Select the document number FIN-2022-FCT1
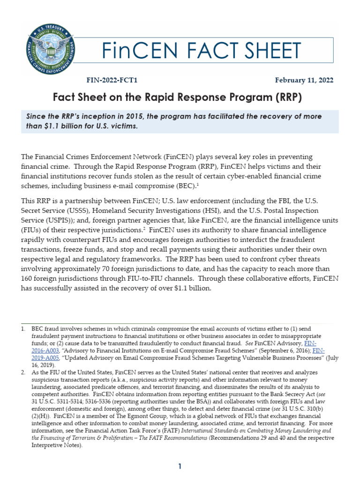click(x=111, y=80)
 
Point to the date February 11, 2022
click(x=304, y=80)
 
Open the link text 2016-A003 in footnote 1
click(x=42, y=350)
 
